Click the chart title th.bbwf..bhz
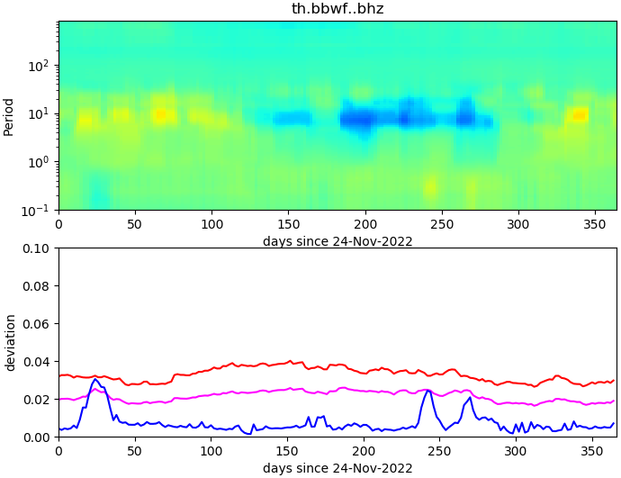tap(337, 9)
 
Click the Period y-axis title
tap(9, 116)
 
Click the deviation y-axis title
tap(10, 342)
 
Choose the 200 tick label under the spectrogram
tap(364, 222)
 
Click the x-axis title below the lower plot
tap(337, 468)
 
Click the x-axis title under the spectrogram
tap(337, 241)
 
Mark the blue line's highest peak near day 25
tap(95, 379)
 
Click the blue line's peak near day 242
tap(428, 390)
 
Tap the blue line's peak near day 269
tap(470, 397)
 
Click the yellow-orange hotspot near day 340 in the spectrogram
tap(579, 114)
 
